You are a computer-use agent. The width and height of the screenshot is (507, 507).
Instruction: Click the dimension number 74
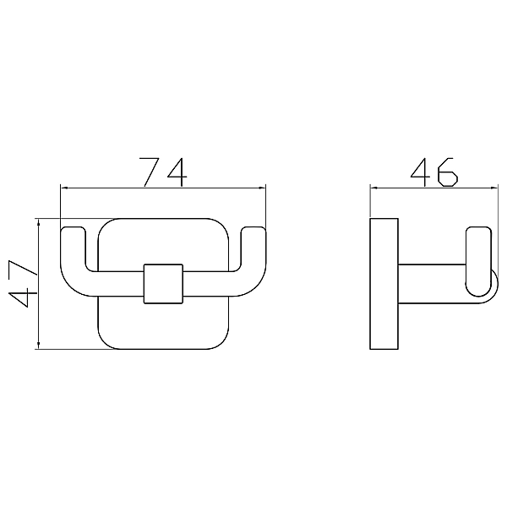pos(163,172)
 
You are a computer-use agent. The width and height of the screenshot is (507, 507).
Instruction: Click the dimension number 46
pos(434,172)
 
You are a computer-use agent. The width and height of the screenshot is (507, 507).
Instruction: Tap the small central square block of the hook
pos(164,284)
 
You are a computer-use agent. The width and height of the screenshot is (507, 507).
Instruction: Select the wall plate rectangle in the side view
pos(384,284)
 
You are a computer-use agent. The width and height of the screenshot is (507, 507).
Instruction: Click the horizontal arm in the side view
pos(433,284)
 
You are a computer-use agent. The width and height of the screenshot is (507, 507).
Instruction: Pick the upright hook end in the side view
pos(478,262)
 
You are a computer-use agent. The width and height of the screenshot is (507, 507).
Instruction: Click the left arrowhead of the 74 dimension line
pos(64,188)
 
